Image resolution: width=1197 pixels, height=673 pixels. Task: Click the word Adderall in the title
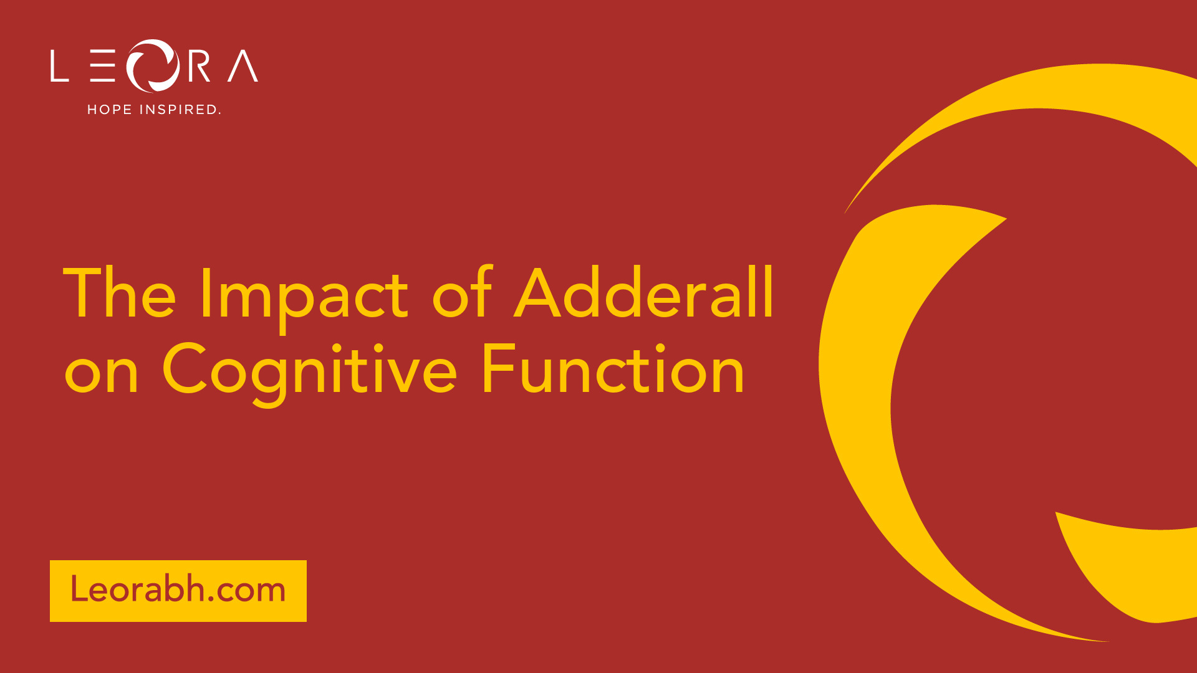point(644,292)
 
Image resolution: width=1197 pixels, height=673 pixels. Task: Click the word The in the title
point(120,292)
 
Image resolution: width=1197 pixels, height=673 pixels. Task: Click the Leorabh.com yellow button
point(178,591)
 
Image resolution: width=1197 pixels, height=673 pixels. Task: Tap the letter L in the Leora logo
point(59,66)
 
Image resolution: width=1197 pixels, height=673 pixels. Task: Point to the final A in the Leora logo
point(243,66)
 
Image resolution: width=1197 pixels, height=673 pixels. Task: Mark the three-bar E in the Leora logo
point(103,66)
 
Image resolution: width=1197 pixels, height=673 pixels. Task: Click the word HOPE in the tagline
point(110,110)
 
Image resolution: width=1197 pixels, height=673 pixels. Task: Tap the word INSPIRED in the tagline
point(179,110)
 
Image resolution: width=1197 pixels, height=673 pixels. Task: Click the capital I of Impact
point(204,292)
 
